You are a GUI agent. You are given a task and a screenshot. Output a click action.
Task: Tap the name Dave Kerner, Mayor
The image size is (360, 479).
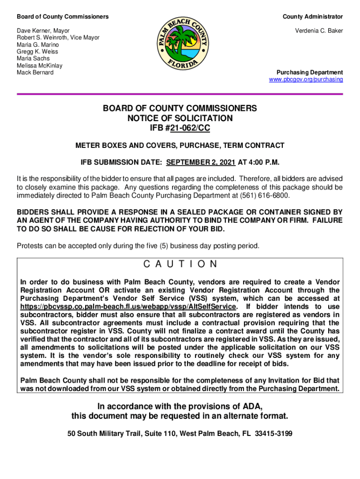pos(43,30)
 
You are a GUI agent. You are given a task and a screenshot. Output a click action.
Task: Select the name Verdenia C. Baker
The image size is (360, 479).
pos(319,30)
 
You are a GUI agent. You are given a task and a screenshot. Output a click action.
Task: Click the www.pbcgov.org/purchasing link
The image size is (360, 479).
pos(306,80)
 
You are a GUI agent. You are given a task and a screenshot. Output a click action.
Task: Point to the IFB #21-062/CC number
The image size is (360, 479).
pos(180,128)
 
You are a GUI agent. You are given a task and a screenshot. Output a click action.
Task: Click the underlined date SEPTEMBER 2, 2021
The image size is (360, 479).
pos(201,163)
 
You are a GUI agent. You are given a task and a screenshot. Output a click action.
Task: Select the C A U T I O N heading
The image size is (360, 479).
pos(180,264)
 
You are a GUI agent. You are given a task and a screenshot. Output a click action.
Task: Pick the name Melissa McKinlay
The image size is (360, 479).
pos(40,65)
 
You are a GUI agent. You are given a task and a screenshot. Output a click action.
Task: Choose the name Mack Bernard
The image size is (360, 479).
pos(35,73)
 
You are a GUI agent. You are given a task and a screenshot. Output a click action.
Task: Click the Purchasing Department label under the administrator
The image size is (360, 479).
pos(310,73)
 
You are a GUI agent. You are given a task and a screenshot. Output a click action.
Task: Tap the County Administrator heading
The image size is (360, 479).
pos(312,17)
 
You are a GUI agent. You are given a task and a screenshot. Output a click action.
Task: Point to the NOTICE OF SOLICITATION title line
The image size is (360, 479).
pos(180,118)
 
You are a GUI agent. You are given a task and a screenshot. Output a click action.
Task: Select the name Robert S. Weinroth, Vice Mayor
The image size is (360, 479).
pos(58,37)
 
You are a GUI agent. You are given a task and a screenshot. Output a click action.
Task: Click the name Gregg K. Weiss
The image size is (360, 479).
pos(37,51)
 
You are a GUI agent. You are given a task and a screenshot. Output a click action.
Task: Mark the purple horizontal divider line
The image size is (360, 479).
pos(180,94)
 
